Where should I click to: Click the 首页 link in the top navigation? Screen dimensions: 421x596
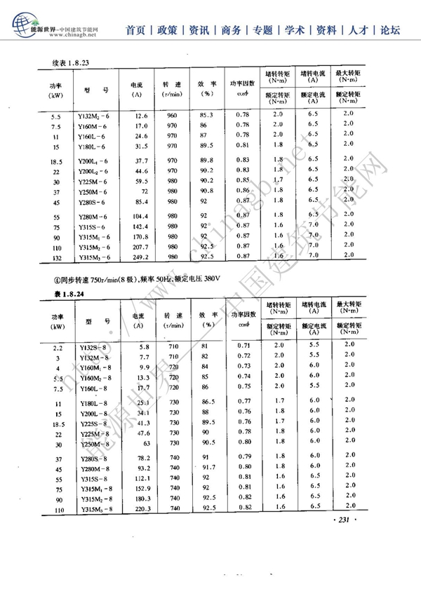click(136, 30)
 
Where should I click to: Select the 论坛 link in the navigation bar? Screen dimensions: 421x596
click(390, 30)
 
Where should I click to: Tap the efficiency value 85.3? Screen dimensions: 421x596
click(206, 115)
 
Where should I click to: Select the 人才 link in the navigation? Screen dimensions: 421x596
click(359, 30)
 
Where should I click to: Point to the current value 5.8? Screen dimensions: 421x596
click(145, 347)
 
